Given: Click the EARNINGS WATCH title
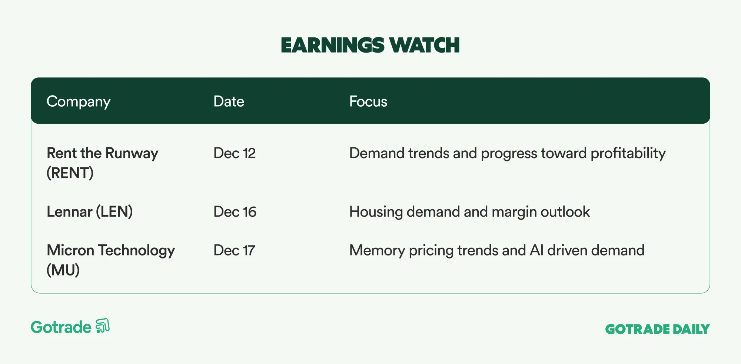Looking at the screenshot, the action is pyautogui.click(x=370, y=45).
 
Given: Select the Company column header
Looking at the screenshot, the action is pyautogui.click(x=79, y=102).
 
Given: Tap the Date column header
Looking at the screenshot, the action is pyautogui.click(x=229, y=101).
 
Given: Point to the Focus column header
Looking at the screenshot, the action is pyautogui.click(x=368, y=101).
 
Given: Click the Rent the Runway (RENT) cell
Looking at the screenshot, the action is pyautogui.click(x=102, y=163).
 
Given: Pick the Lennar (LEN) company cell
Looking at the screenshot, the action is pyautogui.click(x=90, y=212).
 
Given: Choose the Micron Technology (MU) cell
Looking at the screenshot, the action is pyautogui.click(x=111, y=260).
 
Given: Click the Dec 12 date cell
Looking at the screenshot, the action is pyautogui.click(x=235, y=153).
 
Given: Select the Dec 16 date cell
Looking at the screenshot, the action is pyautogui.click(x=235, y=212).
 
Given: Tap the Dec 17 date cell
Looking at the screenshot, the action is pyautogui.click(x=234, y=250).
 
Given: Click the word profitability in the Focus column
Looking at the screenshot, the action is pyautogui.click(x=628, y=154).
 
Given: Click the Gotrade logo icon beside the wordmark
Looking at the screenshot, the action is pyautogui.click(x=103, y=326).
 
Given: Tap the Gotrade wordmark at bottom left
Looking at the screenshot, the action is pyautogui.click(x=61, y=327).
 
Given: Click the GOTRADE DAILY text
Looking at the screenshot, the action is pyautogui.click(x=657, y=329).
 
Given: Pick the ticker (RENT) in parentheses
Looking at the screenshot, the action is pyautogui.click(x=70, y=173).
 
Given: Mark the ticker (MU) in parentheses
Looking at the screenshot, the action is pyautogui.click(x=63, y=270).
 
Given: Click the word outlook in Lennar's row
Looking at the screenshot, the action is pyautogui.click(x=565, y=212).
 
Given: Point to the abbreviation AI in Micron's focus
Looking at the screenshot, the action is pyautogui.click(x=536, y=250).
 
